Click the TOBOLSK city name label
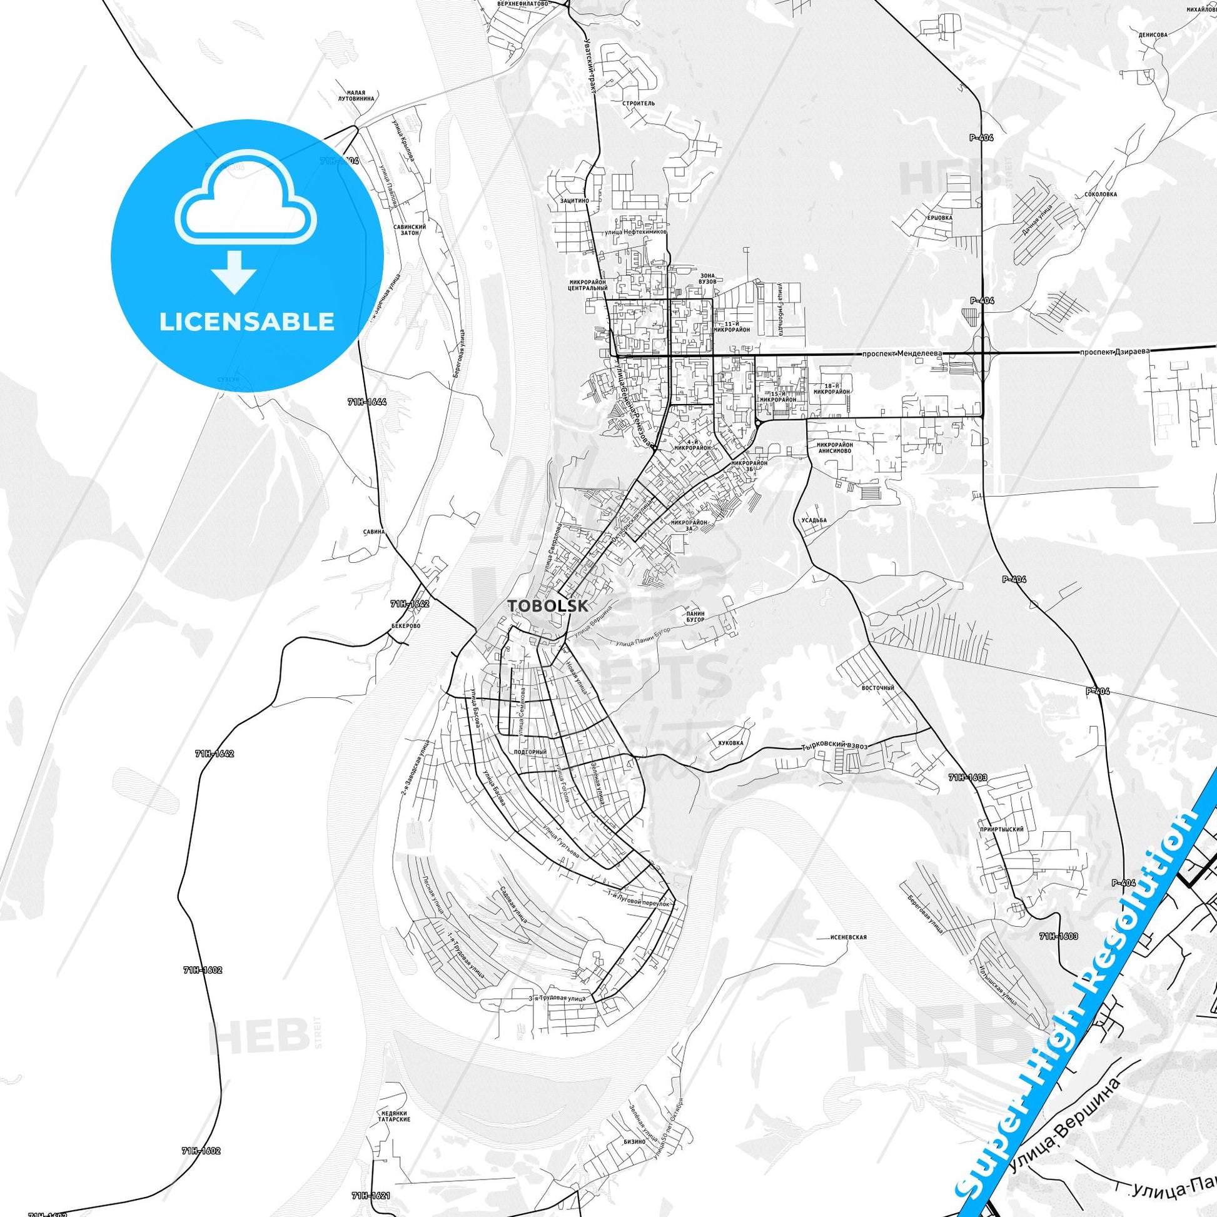click(x=548, y=605)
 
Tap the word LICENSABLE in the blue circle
click(x=247, y=321)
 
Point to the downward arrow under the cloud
click(x=234, y=270)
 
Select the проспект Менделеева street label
click(x=902, y=353)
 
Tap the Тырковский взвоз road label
click(x=834, y=746)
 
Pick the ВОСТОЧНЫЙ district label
click(x=877, y=688)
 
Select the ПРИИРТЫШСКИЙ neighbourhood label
click(x=1001, y=830)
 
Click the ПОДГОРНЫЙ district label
click(x=530, y=752)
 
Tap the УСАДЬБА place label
click(x=814, y=520)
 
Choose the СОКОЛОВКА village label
click(x=1101, y=194)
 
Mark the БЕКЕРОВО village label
click(x=405, y=627)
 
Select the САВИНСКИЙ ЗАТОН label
click(x=410, y=230)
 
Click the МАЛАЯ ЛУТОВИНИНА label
click(x=356, y=95)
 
